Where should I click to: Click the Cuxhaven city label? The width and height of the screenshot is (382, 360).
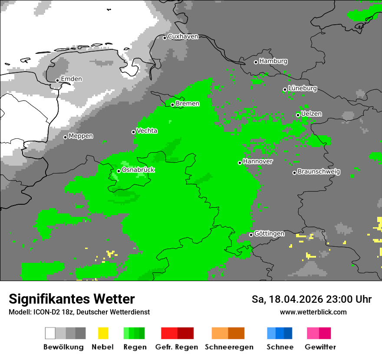(183, 36)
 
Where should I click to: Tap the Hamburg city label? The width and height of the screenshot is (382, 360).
(273, 61)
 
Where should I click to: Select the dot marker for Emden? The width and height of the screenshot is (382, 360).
(57, 80)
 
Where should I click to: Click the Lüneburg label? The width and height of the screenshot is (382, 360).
(303, 88)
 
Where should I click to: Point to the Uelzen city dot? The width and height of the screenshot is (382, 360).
(298, 115)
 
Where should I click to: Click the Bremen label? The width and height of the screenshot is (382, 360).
(188, 104)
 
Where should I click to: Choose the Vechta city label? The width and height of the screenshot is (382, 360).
(147, 131)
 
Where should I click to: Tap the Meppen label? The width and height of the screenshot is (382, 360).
(81, 136)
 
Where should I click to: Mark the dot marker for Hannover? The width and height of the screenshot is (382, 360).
(240, 163)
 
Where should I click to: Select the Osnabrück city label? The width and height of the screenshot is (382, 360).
(138, 170)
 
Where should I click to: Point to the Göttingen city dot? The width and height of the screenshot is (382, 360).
(251, 235)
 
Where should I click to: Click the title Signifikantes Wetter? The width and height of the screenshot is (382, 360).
(72, 299)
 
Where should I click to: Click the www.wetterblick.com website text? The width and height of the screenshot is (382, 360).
(313, 312)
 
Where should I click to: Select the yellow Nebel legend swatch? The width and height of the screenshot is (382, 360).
(103, 333)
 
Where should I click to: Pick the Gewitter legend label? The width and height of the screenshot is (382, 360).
(320, 347)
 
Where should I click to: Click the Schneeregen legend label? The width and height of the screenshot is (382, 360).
(229, 347)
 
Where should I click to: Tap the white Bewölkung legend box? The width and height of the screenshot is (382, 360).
(50, 333)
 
